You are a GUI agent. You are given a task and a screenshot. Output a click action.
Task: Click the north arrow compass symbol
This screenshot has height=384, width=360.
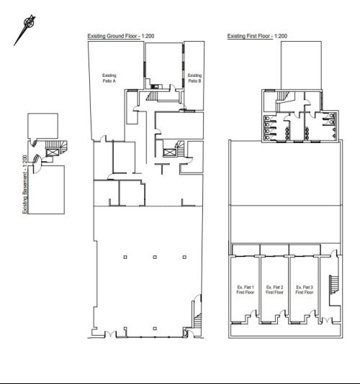(24, 30)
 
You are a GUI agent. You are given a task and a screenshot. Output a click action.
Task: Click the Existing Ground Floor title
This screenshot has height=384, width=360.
(114, 36)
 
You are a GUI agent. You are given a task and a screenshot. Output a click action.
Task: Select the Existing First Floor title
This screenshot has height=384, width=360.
(250, 36)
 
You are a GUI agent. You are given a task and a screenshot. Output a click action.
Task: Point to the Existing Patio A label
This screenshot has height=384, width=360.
(109, 78)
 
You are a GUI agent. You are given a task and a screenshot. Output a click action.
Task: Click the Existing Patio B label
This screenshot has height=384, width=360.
(194, 78)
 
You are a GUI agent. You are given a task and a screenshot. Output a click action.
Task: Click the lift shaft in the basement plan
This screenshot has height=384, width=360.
(53, 152)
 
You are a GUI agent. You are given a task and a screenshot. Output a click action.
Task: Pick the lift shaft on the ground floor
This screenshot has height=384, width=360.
(169, 152)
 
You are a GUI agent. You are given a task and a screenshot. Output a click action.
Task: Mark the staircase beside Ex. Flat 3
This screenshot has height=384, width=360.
(333, 285)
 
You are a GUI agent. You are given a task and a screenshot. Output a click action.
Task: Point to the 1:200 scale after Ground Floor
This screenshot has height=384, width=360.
(148, 36)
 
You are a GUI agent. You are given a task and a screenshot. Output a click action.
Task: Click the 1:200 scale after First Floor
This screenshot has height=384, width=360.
(281, 36)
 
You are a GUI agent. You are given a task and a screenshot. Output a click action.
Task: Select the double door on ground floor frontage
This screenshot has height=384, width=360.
(111, 334)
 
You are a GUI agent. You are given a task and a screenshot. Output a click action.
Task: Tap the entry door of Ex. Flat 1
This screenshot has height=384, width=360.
(253, 314)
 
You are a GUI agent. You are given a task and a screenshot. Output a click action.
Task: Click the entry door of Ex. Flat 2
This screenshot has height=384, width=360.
(283, 314)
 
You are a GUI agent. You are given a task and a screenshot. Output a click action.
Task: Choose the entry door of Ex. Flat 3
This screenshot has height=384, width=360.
(312, 314)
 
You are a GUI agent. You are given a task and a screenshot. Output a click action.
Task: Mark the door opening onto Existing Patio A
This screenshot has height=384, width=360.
(103, 138)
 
